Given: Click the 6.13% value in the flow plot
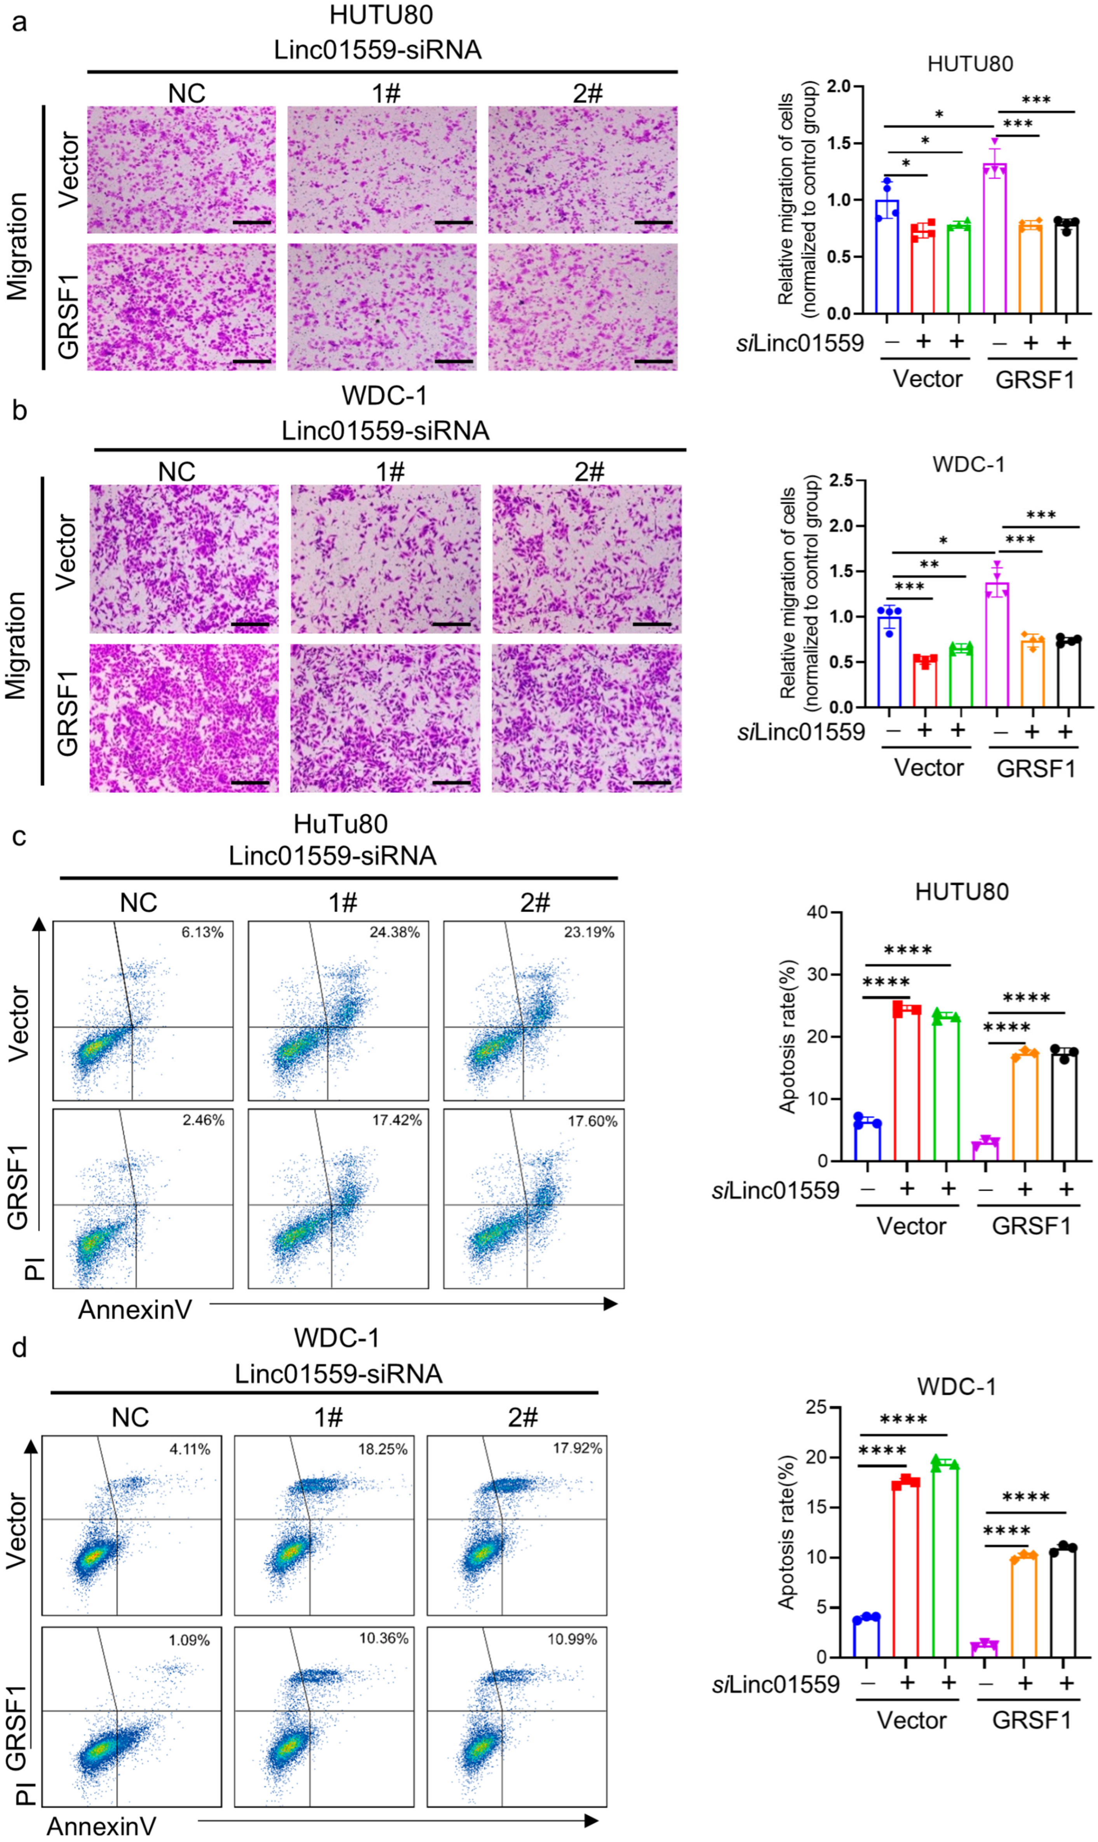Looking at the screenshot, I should point(202,933).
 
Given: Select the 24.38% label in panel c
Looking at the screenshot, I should point(394,933).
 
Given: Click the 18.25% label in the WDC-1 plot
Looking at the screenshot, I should point(383,1449).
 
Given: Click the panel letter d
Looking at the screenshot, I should point(19,1348).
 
